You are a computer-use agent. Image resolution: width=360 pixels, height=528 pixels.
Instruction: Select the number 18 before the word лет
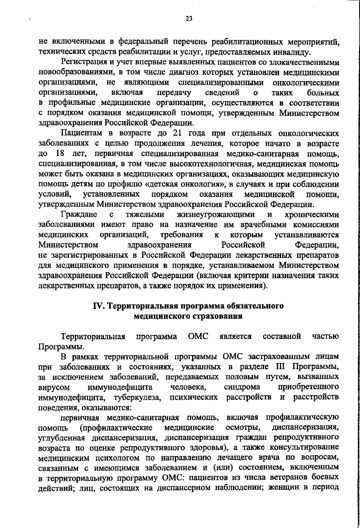61,154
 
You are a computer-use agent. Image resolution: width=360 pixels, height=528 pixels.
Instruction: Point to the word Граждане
79,215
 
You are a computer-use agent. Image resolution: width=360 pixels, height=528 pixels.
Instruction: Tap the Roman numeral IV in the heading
99,306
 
